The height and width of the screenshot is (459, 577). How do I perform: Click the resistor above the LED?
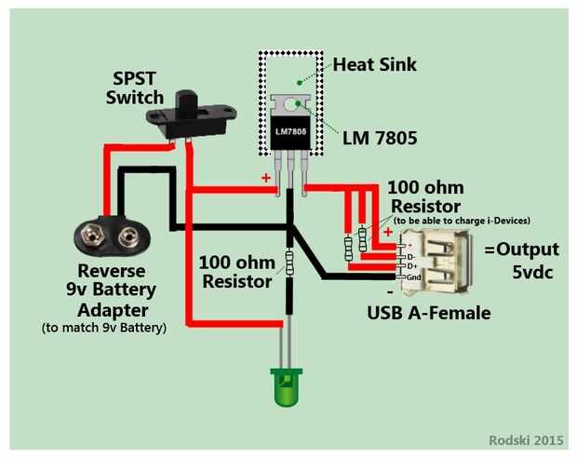289,263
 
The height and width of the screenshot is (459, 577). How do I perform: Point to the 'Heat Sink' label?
374,65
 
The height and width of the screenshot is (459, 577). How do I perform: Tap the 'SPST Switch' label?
135,88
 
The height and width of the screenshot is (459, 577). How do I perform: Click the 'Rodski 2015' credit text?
527,440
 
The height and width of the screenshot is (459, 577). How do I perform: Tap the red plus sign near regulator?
266,177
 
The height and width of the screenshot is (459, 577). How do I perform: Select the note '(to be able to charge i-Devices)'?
462,221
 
